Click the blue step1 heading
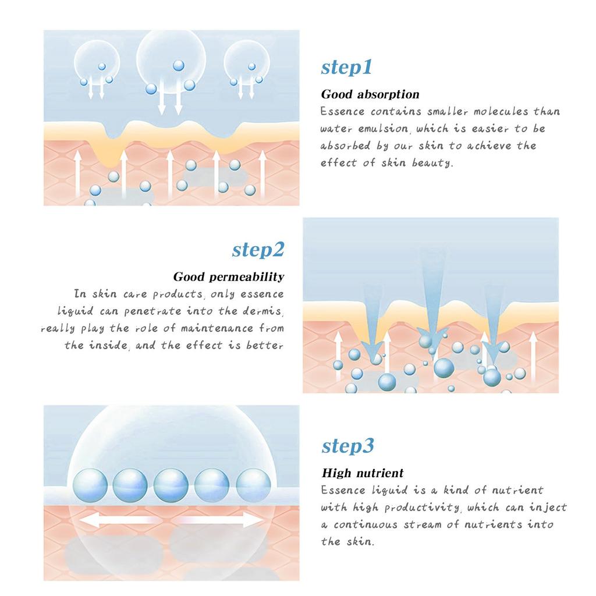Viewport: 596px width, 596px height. pyautogui.click(x=346, y=68)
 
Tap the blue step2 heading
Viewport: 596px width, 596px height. pyautogui.click(x=258, y=250)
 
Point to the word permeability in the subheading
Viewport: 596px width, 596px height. pyautogui.click(x=247, y=276)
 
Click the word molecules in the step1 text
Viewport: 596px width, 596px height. pyautogui.click(x=501, y=111)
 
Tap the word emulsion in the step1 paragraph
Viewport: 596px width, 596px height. pyautogui.click(x=383, y=129)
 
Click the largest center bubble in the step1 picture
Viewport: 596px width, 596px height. pyautogui.click(x=171, y=61)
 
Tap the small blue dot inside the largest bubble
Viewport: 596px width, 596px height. pyautogui.click(x=178, y=65)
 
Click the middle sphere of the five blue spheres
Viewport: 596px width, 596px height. pyautogui.click(x=171, y=485)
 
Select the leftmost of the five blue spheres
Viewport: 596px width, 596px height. pyautogui.click(x=90, y=485)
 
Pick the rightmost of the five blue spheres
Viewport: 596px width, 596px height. pyautogui.click(x=253, y=485)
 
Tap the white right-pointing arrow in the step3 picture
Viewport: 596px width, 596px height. pyautogui.click(x=221, y=520)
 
